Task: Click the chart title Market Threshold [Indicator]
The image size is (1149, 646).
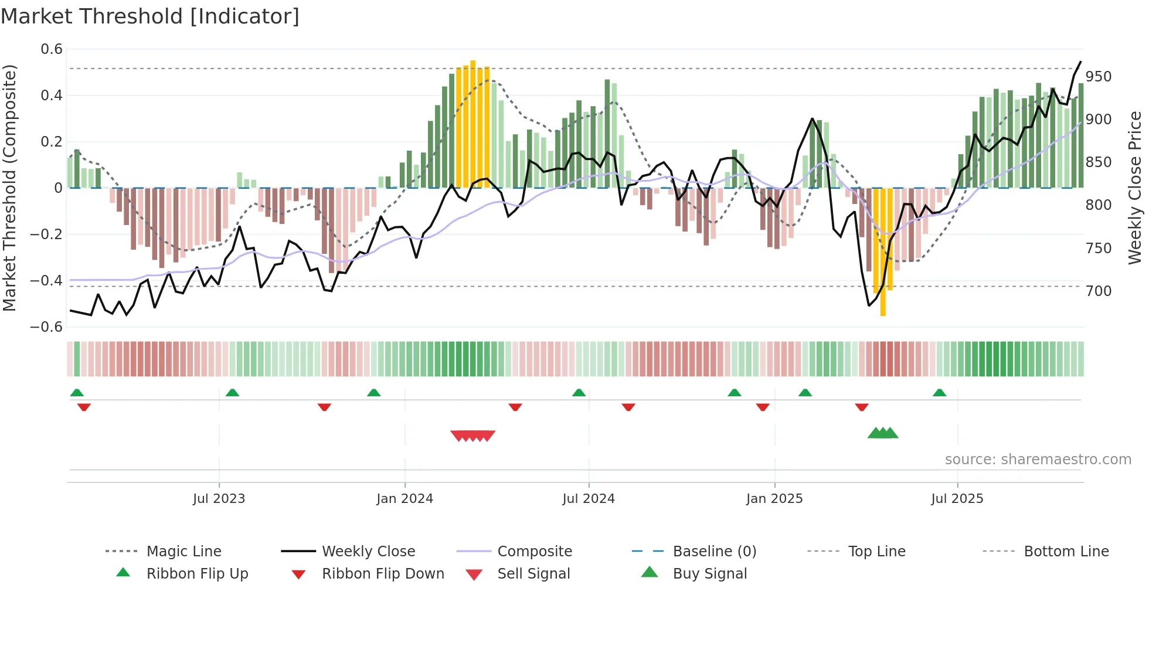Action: click(x=150, y=16)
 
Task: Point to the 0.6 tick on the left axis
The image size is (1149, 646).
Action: click(x=52, y=49)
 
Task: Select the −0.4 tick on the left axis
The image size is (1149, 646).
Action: click(x=46, y=281)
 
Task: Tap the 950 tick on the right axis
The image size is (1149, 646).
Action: click(x=1098, y=77)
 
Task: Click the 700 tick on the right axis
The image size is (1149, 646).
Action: click(x=1098, y=291)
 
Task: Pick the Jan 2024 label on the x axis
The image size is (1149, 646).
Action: click(x=404, y=499)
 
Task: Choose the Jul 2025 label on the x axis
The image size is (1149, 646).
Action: click(x=957, y=499)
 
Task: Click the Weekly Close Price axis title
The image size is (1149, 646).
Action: click(x=1135, y=188)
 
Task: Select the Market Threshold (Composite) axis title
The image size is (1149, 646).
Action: click(x=9, y=188)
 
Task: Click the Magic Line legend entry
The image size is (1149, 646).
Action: click(x=183, y=552)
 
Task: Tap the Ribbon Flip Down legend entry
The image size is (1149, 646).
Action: click(x=383, y=574)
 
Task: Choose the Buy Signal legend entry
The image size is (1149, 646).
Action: click(x=709, y=574)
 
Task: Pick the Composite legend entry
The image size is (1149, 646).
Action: click(x=534, y=552)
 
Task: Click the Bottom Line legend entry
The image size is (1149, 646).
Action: click(x=1066, y=552)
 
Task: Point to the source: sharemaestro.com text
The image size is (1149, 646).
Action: click(x=1038, y=460)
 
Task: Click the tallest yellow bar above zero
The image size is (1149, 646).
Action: click(x=473, y=123)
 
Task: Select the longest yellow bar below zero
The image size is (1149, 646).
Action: click(x=883, y=252)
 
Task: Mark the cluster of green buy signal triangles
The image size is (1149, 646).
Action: click(x=883, y=433)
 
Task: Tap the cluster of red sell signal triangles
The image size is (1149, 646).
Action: click(x=472, y=436)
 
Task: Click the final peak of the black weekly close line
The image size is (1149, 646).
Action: click(x=1080, y=62)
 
